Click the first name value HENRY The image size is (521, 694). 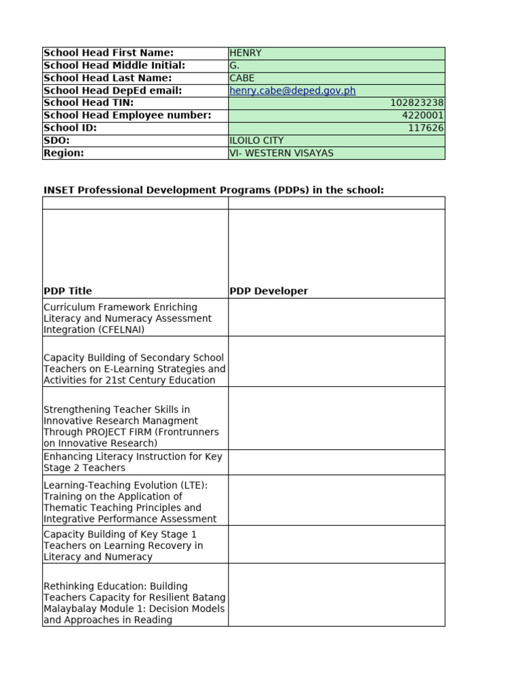tap(246, 53)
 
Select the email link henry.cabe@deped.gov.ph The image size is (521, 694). tap(292, 91)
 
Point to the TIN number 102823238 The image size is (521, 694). tap(417, 103)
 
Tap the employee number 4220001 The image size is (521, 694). tap(423, 115)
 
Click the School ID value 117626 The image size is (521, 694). tap(425, 128)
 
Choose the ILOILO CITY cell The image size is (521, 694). tap(257, 140)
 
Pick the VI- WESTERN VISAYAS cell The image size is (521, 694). tap(282, 153)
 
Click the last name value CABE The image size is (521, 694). tap(242, 78)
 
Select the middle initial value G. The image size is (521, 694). tap(235, 66)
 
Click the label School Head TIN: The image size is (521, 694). tap(89, 103)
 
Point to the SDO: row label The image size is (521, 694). tap(57, 140)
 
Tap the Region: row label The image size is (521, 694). tap(64, 153)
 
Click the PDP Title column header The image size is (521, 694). tap(68, 291)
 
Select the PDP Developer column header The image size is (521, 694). tap(269, 291)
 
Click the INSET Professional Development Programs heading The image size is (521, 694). tap(214, 190)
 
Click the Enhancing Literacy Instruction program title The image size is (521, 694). tap(132, 462)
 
